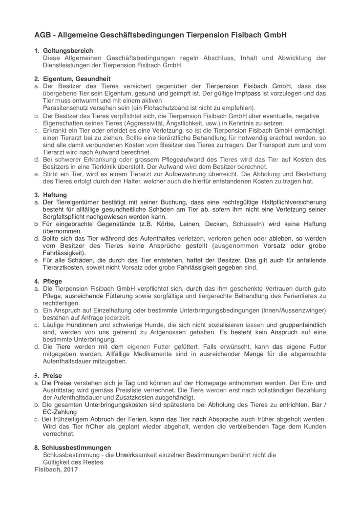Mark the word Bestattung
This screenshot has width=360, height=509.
click(310, 174)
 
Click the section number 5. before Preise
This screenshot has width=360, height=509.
click(37, 376)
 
